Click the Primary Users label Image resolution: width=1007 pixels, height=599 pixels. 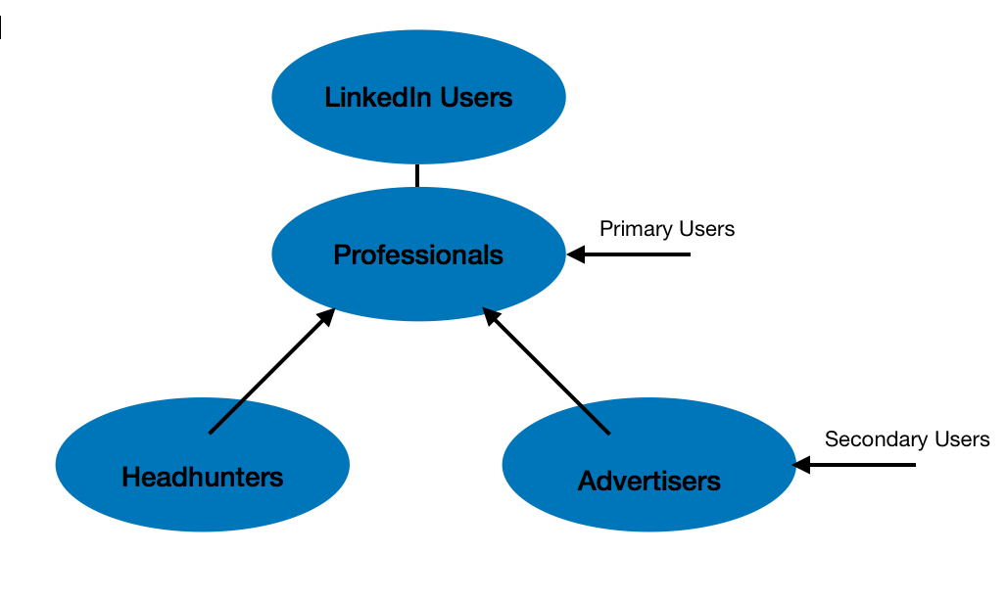click(x=667, y=229)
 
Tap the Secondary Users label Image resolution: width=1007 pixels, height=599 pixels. click(x=907, y=439)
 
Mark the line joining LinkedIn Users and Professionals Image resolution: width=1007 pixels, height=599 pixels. click(x=417, y=175)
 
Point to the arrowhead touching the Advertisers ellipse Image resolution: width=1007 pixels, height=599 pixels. click(x=802, y=465)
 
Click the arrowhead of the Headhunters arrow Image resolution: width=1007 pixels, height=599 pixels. click(x=327, y=316)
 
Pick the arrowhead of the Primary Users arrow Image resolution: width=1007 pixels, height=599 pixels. click(x=575, y=254)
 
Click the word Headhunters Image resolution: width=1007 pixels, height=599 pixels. click(x=202, y=478)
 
